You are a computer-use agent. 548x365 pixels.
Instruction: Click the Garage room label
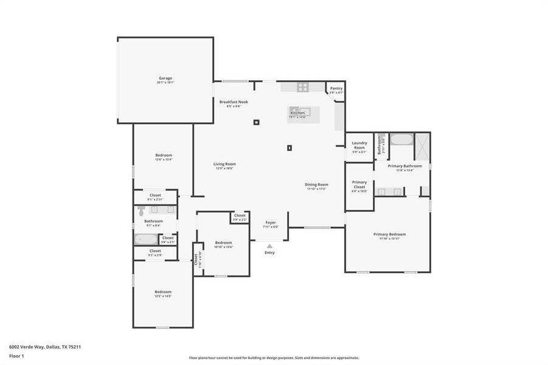[x=165, y=78]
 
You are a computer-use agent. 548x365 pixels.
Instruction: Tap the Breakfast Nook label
[x=234, y=102]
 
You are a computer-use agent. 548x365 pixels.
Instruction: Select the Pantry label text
[x=336, y=89]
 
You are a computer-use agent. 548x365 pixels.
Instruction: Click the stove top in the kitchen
[x=302, y=87]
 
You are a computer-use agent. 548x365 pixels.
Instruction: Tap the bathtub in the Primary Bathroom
[x=400, y=139]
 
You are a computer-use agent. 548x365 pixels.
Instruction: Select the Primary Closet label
[x=359, y=184]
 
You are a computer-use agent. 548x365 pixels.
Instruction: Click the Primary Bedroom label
[x=389, y=234]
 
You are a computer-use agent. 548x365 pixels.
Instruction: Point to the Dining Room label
[x=317, y=185]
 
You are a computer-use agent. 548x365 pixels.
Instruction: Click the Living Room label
[x=224, y=164]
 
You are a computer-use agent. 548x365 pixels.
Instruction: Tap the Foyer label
[x=270, y=223]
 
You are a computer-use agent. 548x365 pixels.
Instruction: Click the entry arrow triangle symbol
[x=269, y=246]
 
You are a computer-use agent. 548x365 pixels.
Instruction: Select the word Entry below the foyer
[x=269, y=252]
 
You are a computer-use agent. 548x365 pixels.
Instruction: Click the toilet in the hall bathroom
[x=141, y=210]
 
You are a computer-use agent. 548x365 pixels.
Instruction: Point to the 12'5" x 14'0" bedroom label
[x=163, y=292]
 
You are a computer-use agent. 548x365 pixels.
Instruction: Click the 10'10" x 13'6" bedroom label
[x=224, y=243]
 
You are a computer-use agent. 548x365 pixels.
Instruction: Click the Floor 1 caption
[x=16, y=355]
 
